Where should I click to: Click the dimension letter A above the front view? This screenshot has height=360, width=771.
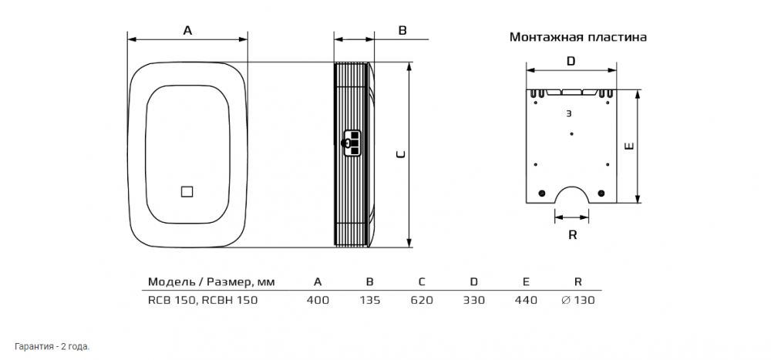click(187, 30)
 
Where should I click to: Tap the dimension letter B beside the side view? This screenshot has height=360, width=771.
click(402, 30)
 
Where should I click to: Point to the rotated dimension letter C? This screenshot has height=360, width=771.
click(400, 154)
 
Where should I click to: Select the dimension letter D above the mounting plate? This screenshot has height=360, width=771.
click(571, 60)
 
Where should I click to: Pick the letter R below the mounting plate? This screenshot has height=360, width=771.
click(572, 235)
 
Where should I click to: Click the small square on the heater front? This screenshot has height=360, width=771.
click(187, 192)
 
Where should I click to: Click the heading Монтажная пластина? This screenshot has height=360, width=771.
click(577, 37)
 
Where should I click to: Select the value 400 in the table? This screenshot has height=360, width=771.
click(318, 300)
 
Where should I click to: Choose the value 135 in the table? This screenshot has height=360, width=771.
click(370, 300)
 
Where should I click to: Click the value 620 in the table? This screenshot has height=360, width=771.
click(422, 300)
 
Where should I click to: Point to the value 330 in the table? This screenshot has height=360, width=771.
click(473, 300)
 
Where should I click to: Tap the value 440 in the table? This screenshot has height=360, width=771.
click(525, 300)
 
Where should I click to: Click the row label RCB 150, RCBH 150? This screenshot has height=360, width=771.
click(202, 300)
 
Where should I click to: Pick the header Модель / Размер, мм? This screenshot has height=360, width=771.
click(211, 281)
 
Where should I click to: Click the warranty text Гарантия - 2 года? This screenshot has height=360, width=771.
click(52, 346)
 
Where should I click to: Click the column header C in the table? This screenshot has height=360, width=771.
click(422, 281)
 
